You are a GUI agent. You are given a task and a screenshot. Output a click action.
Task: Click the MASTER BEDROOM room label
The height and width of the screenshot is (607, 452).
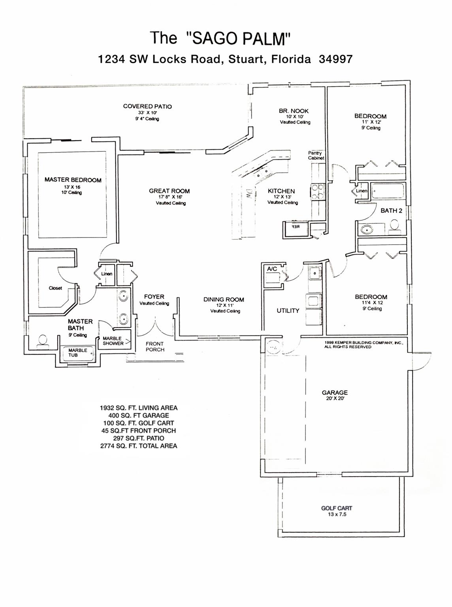point(73,180)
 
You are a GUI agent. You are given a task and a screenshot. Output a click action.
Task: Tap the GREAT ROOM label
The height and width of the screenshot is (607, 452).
point(169,191)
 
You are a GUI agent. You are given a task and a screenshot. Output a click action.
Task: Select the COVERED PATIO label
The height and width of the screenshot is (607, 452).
point(147,106)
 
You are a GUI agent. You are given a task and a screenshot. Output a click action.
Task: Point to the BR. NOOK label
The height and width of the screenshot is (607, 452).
point(294,111)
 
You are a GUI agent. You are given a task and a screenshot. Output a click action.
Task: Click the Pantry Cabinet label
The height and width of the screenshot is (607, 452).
point(316,155)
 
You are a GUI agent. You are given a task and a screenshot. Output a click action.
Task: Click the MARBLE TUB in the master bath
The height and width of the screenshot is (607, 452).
point(78,353)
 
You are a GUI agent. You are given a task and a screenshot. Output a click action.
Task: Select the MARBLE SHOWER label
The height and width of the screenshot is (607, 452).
point(113,341)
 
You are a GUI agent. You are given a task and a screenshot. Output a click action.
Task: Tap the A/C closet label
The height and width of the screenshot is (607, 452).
point(272,269)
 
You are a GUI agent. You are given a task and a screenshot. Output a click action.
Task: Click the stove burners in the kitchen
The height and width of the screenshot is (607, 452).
point(318,192)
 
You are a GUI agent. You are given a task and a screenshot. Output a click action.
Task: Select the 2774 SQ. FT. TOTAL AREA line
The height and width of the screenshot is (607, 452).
point(139,446)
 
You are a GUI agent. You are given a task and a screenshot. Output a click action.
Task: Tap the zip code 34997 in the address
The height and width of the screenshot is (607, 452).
point(335,59)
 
